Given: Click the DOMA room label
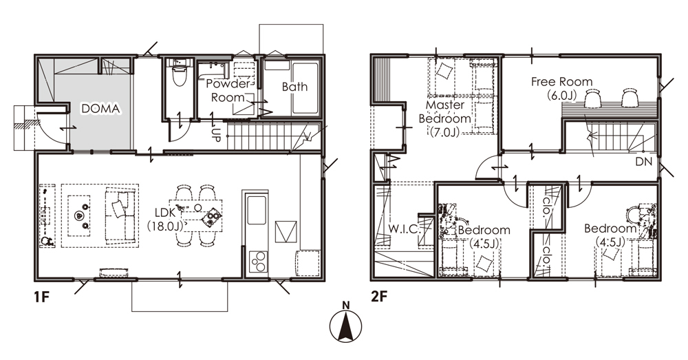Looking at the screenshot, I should (100, 109).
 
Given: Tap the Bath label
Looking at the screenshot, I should (294, 87).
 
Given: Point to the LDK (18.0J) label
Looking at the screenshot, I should (166, 218).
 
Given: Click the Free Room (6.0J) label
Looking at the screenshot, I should (561, 88).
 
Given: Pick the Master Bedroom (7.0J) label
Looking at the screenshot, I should (445, 118).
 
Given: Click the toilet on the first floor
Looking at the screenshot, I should (180, 75).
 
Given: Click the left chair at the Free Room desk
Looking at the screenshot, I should (592, 98).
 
